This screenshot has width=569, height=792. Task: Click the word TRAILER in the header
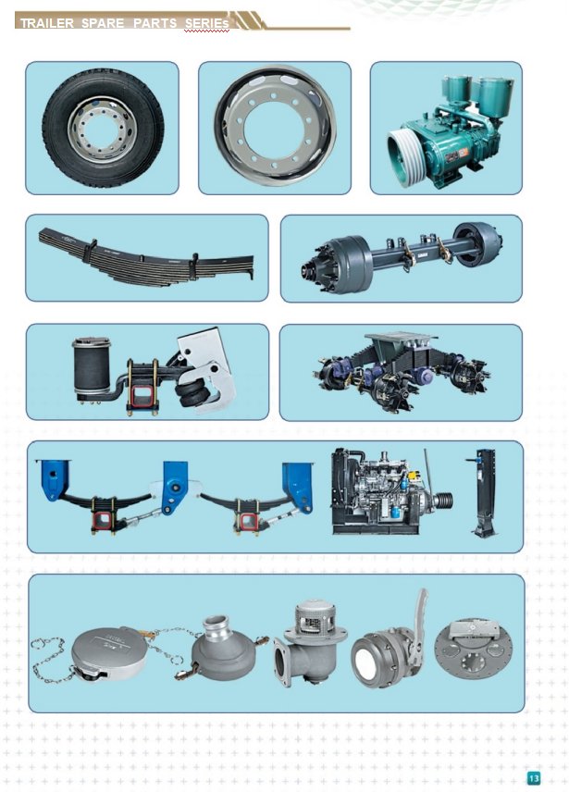click(47, 23)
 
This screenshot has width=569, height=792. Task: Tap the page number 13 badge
click(533, 778)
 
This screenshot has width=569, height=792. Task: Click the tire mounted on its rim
click(104, 128)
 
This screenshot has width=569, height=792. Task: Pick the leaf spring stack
click(146, 256)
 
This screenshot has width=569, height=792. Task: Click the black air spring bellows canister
click(91, 365)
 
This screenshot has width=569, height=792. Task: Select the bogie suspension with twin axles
click(402, 371)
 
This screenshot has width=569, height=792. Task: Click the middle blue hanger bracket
click(174, 486)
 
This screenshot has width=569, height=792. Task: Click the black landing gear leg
click(484, 492)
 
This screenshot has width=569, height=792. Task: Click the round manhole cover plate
click(474, 652)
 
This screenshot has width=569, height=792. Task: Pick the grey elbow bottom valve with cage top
click(308, 641)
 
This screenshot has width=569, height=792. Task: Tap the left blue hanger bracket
click(54, 480)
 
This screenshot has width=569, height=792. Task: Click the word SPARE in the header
click(103, 23)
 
